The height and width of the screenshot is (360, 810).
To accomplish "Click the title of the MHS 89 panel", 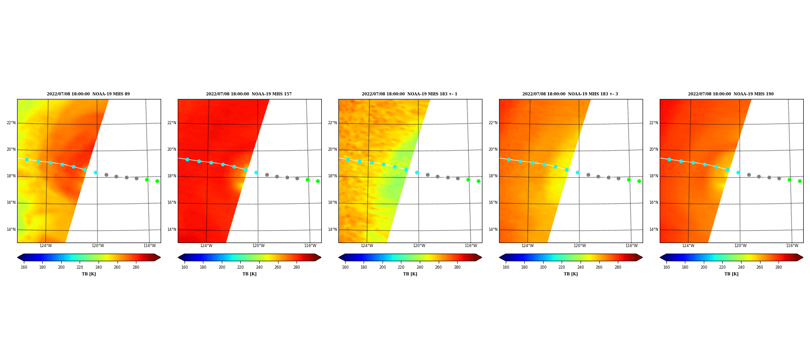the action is click(x=88, y=94).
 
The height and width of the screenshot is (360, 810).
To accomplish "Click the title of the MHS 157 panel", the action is click(x=249, y=94).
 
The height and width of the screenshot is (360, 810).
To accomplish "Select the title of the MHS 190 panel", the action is click(x=731, y=94).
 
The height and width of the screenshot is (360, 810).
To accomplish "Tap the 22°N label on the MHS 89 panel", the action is click(x=11, y=123).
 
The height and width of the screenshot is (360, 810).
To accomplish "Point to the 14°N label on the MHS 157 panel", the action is click(x=172, y=229).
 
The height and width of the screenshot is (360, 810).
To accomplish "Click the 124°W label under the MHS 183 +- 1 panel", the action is click(x=367, y=246).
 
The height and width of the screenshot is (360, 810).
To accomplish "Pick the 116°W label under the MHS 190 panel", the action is click(x=792, y=246).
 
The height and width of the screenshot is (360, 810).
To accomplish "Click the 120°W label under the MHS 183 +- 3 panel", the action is click(x=580, y=246).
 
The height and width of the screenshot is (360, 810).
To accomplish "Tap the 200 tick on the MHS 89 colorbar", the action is click(x=61, y=267).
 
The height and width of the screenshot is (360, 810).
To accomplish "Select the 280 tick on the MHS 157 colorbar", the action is click(x=297, y=267).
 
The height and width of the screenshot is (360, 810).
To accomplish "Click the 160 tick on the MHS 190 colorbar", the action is click(x=666, y=267).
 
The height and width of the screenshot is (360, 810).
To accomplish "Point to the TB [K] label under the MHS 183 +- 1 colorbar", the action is click(x=410, y=274).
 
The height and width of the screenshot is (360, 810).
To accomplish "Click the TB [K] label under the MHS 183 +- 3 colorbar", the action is click(x=571, y=274).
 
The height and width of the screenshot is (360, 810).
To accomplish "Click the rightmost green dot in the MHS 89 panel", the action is click(x=157, y=181).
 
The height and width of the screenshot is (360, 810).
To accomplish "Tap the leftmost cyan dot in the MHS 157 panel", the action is click(x=187, y=159).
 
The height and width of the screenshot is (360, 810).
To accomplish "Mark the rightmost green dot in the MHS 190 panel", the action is click(x=800, y=181).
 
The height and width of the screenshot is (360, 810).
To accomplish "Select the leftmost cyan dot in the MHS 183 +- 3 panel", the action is click(x=508, y=159).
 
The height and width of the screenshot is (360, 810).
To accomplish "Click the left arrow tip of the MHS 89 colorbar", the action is click(x=17, y=257).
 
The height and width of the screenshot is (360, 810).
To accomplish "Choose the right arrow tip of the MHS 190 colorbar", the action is click(x=803, y=257).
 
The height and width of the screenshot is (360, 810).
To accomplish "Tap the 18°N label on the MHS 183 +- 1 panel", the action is click(x=333, y=176).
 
